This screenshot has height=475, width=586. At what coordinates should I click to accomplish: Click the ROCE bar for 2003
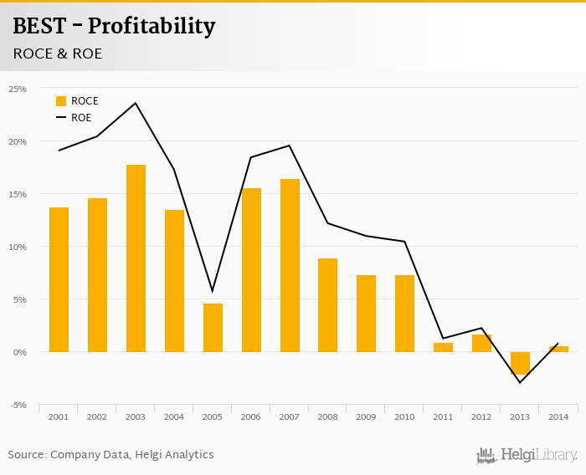point(136,258)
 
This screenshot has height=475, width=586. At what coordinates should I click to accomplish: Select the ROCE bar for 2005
point(213,328)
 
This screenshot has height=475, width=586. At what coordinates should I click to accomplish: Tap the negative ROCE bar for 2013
point(520,363)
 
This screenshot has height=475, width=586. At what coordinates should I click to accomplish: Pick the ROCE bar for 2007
point(290,265)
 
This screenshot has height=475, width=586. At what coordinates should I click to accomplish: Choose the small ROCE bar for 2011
point(443,347)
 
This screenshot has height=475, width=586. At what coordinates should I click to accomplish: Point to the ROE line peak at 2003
point(136,103)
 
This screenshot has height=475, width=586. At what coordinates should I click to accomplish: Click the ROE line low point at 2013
point(520,382)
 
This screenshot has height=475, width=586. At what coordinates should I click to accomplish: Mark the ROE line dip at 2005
point(213,291)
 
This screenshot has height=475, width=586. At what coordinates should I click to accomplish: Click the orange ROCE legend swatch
point(61,101)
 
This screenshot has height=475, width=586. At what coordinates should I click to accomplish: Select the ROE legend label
point(81,118)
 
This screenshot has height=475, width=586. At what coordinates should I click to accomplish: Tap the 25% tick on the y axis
point(18,89)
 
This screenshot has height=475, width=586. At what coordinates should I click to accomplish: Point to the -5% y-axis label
point(18,406)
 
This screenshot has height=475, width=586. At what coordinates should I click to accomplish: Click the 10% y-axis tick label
point(18,248)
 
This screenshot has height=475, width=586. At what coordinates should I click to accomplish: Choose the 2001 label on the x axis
point(59,416)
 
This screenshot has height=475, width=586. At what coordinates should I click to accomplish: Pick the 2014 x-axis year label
point(558,416)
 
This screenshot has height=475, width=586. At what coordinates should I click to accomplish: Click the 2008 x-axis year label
point(328,416)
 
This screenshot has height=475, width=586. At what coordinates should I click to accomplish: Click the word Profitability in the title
point(152,27)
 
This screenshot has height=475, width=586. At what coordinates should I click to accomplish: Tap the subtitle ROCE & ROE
point(58,54)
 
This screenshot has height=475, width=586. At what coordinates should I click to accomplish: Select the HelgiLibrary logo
point(527,455)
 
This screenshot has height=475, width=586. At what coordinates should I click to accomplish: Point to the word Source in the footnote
point(27,455)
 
